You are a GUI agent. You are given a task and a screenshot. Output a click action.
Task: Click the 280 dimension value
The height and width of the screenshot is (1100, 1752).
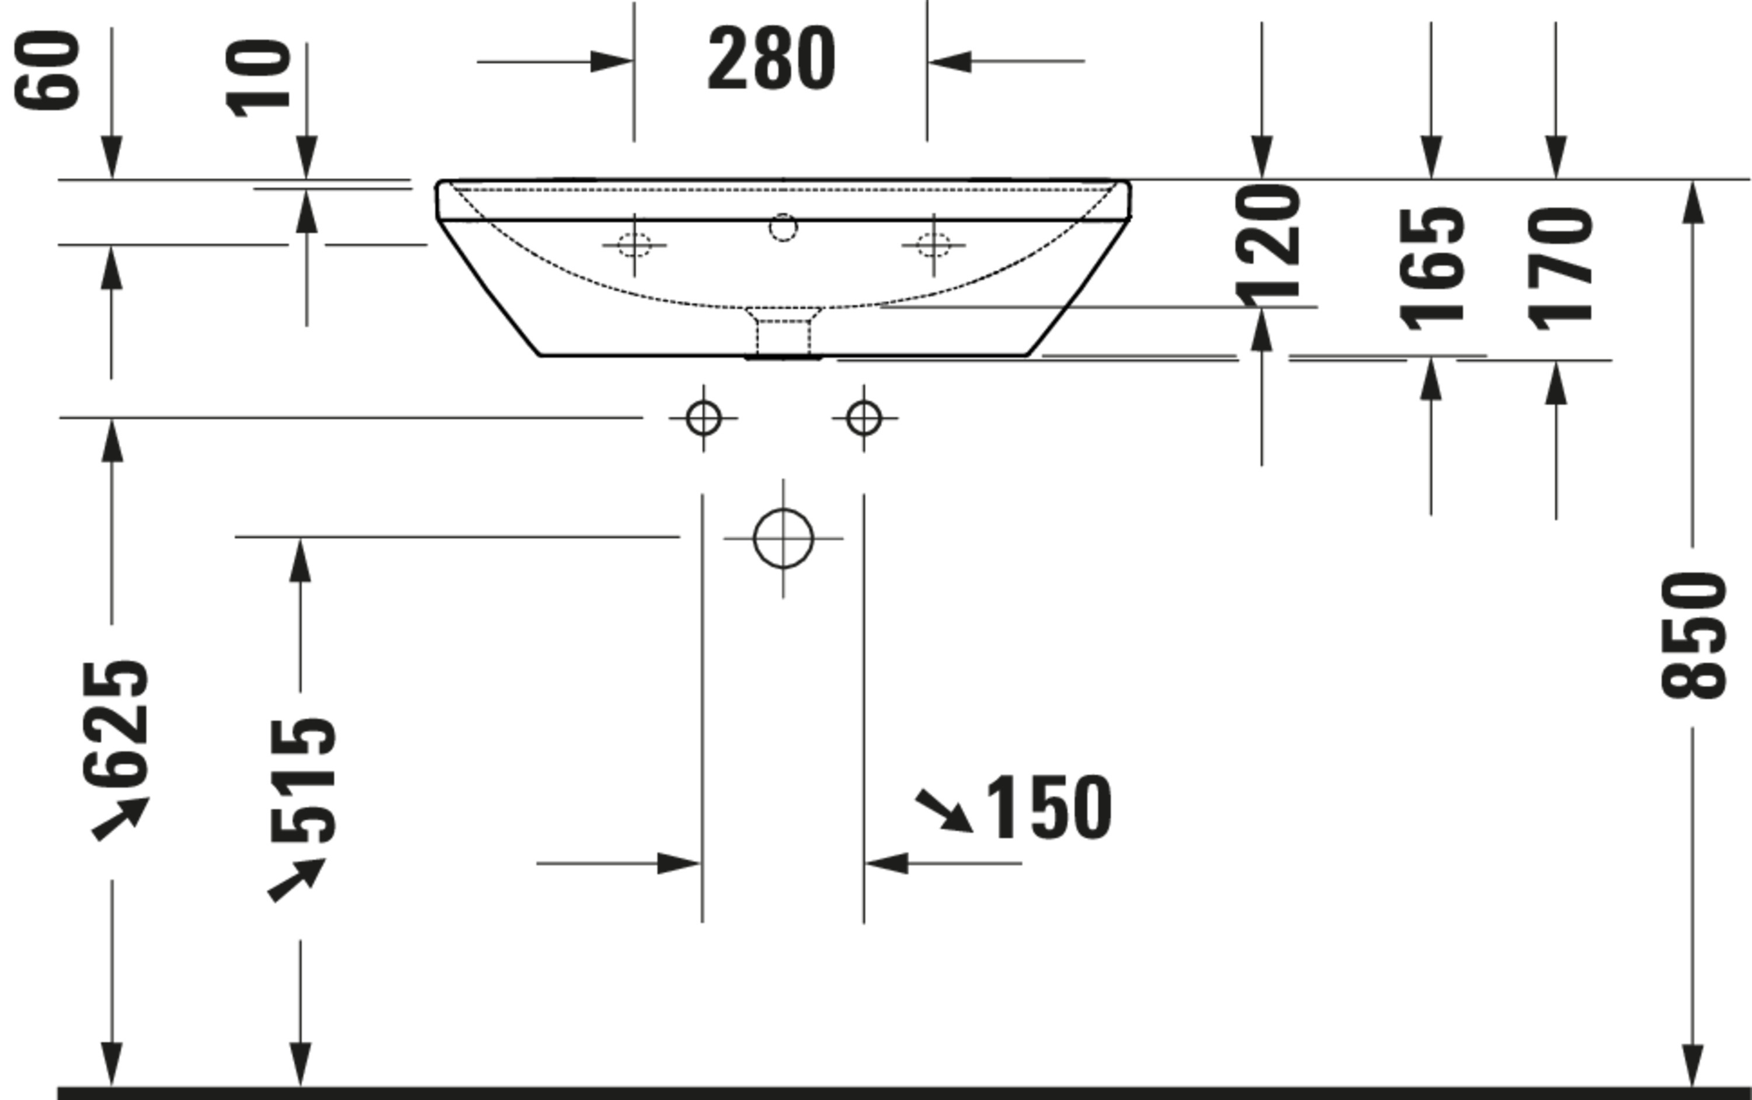(x=771, y=58)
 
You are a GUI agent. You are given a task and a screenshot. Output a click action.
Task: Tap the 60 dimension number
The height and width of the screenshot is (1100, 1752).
(x=47, y=71)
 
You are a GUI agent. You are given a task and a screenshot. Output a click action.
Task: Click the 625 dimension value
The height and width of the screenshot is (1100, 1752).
(x=116, y=724)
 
